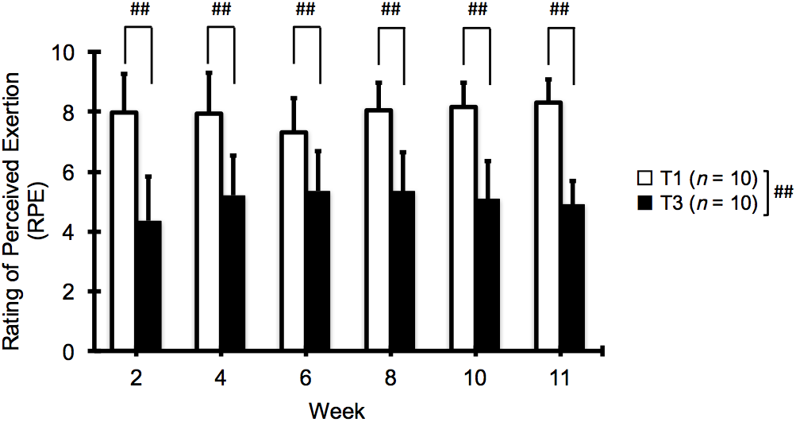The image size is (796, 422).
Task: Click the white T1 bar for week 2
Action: coord(124,230)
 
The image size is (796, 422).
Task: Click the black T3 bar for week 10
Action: coord(487,274)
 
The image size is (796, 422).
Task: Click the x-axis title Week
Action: coord(337,410)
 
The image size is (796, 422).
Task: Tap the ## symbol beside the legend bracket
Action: coord(784,192)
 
